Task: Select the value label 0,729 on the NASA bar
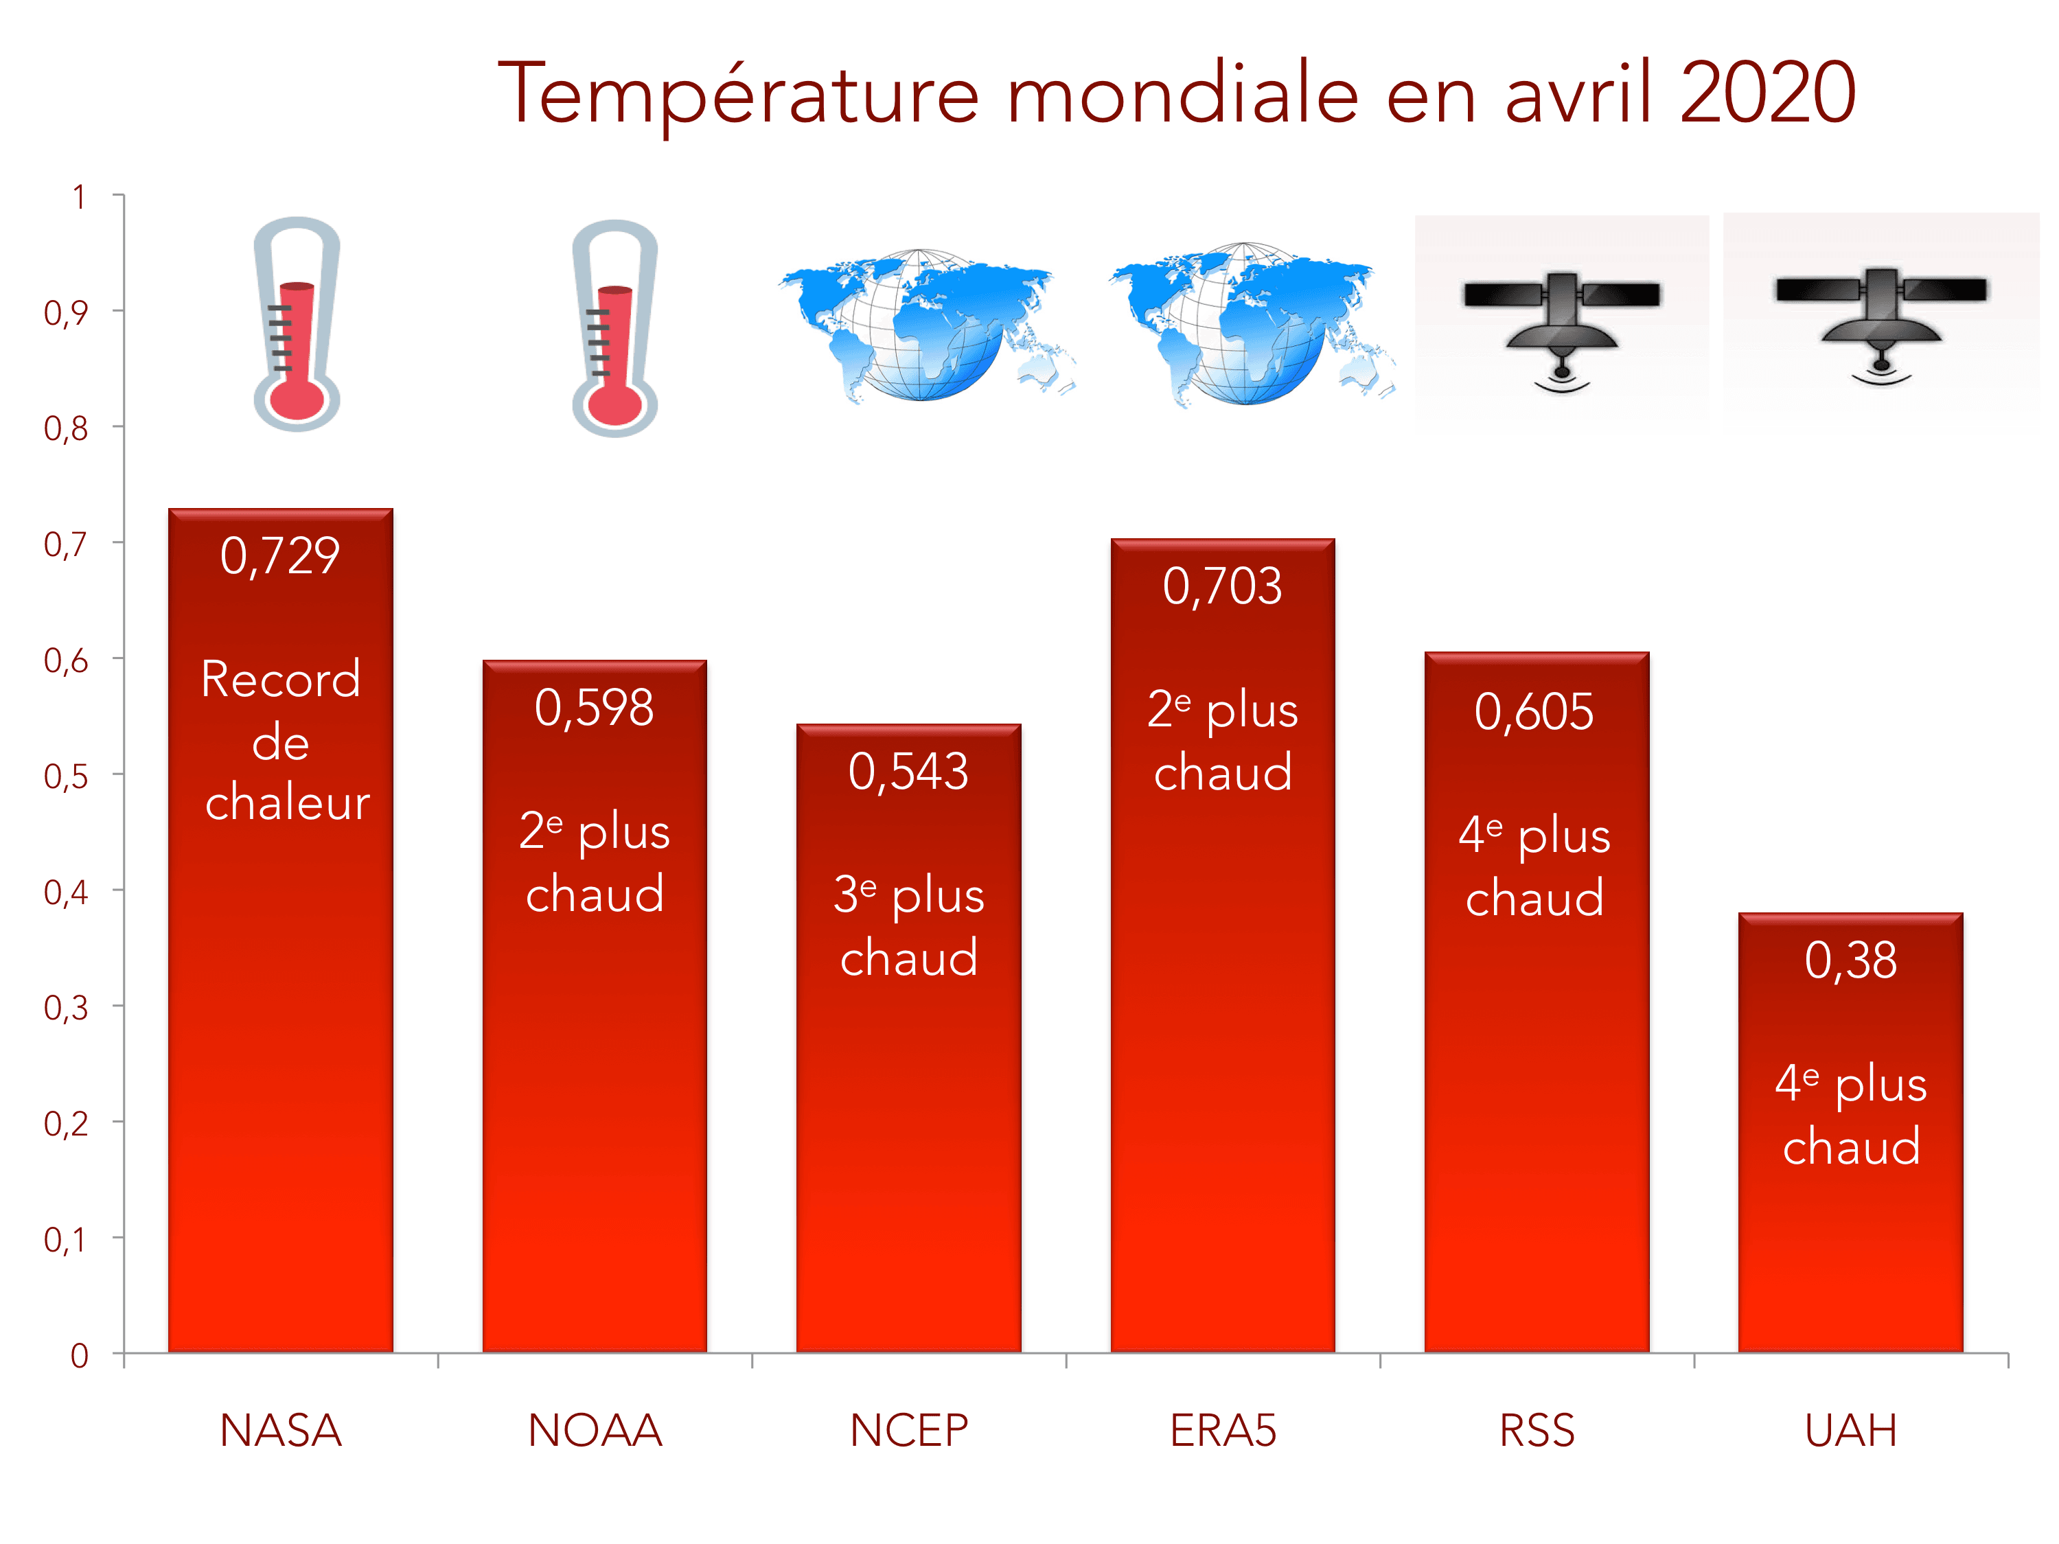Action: [280, 557]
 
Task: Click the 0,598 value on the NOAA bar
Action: [594, 708]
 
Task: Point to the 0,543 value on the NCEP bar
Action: [908, 772]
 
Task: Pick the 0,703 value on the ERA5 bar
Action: [1222, 586]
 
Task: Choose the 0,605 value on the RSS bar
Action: [1534, 713]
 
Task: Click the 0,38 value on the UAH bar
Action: [1850, 960]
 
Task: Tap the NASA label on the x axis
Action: [280, 1431]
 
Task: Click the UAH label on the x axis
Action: [1850, 1431]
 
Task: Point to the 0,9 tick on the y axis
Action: [66, 312]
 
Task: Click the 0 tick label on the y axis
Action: [80, 1356]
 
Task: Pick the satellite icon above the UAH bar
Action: [1880, 321]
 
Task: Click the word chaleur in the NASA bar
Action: [288, 803]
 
